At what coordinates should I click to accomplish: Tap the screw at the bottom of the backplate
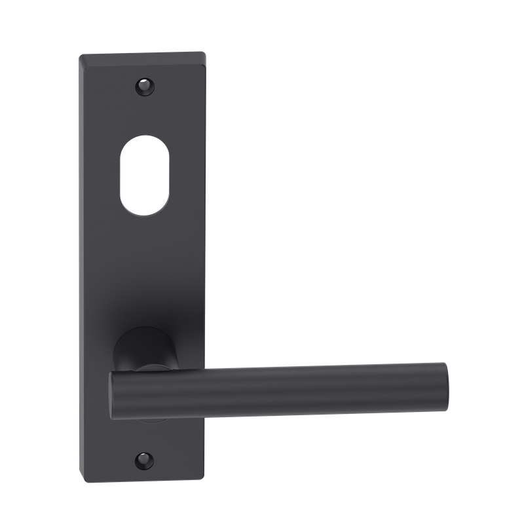coord(143,459)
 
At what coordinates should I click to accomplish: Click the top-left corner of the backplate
coord(79,54)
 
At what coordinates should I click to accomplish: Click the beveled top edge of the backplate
coord(141,58)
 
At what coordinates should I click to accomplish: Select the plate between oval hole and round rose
coord(143,275)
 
